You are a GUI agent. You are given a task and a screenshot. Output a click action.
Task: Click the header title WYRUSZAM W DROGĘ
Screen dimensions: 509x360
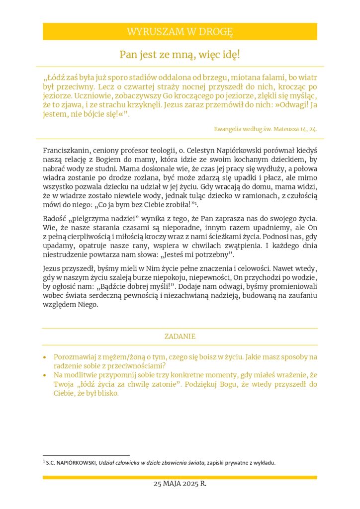click(x=180, y=32)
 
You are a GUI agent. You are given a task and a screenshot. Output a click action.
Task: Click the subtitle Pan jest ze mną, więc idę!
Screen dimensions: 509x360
click(x=180, y=55)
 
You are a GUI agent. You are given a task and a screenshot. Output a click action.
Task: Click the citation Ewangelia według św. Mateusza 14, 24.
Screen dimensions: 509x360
click(x=266, y=129)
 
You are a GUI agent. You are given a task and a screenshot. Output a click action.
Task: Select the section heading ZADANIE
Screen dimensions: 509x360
click(x=180, y=337)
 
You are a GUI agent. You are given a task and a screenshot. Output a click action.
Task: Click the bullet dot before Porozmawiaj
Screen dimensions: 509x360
click(x=45, y=357)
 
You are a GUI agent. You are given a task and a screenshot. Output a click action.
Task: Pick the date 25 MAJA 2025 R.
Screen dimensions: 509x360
click(x=180, y=484)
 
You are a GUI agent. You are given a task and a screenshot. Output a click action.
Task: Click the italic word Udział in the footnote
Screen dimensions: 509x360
click(x=107, y=463)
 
